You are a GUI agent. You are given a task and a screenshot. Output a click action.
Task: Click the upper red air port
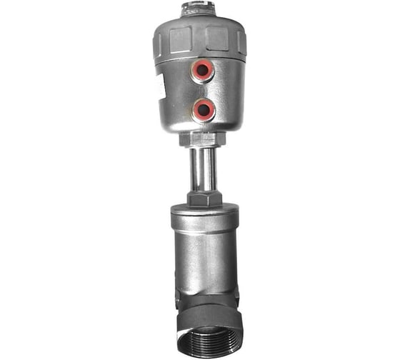coord(204,70)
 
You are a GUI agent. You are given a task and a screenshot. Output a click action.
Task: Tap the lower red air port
coord(204,109)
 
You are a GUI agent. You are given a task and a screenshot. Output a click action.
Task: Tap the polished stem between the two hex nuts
coord(203,168)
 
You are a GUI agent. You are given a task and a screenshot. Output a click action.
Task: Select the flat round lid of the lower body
coord(203,211)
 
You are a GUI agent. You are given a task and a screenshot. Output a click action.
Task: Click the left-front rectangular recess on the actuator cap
coord(181,37)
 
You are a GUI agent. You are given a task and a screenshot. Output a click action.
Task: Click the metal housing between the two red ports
coord(204,90)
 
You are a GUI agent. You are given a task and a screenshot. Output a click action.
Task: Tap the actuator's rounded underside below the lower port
coord(204,126)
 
